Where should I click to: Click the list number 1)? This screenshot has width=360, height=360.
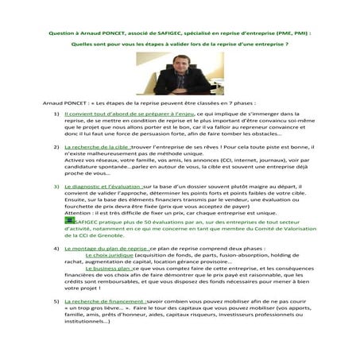point(56,114)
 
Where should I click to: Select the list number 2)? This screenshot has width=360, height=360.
point(56,149)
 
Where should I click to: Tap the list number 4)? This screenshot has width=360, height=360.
point(56,248)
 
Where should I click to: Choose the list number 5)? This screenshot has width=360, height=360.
point(56,303)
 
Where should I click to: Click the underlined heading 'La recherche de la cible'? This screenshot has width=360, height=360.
point(96,149)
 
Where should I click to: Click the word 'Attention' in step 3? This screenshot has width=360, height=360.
point(79,213)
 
